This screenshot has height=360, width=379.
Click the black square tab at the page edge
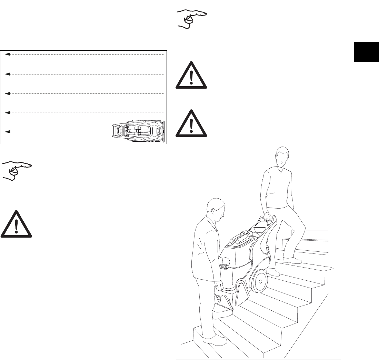click(366, 52)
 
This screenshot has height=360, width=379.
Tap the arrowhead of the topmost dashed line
click(8, 54)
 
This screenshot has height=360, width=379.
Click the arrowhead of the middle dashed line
click(8, 93)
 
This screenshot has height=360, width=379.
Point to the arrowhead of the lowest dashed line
click(8, 132)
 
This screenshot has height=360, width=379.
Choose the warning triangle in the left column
click(16, 224)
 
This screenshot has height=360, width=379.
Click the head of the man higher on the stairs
click(282, 157)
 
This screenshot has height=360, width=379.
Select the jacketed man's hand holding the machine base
click(219, 286)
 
